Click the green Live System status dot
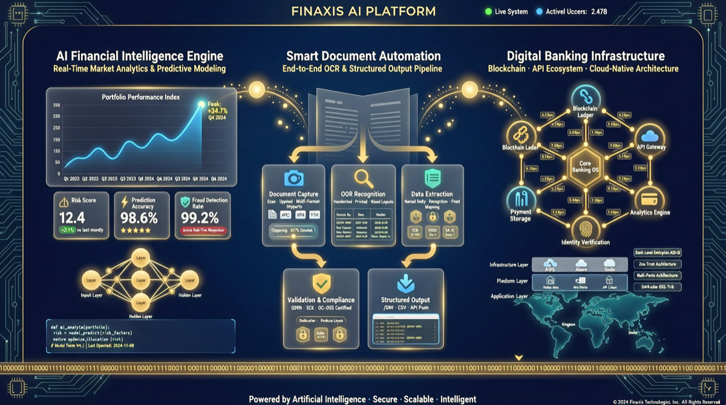pyautogui.click(x=488, y=12)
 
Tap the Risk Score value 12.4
pyautogui.click(x=73, y=218)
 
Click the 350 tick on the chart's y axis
pyautogui.click(x=57, y=105)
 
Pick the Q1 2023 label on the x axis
pyautogui.click(x=71, y=179)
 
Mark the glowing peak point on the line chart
pyautogui.click(x=201, y=105)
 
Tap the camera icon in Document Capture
pyautogui.click(x=293, y=177)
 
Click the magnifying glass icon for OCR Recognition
pyautogui.click(x=363, y=177)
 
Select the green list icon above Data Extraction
pyautogui.click(x=432, y=177)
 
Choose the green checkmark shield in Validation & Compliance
pyautogui.click(x=321, y=283)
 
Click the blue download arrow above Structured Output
pyautogui.click(x=405, y=283)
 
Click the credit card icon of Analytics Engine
pyautogui.click(x=649, y=198)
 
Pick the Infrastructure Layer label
pyautogui.click(x=509, y=265)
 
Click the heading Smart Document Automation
pyautogui.click(x=363, y=56)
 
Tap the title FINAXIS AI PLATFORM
pyautogui.click(x=363, y=11)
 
